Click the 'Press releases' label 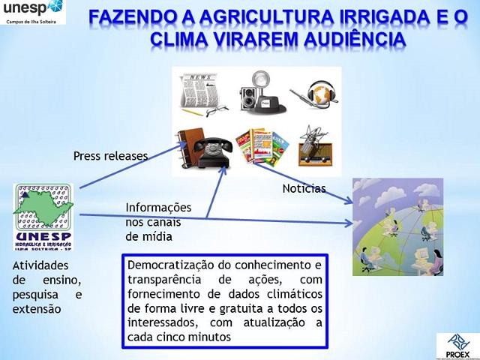tap(110, 156)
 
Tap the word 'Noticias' tap(304, 188)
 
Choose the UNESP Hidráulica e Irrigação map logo tap(43, 217)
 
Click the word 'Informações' tap(158, 207)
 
